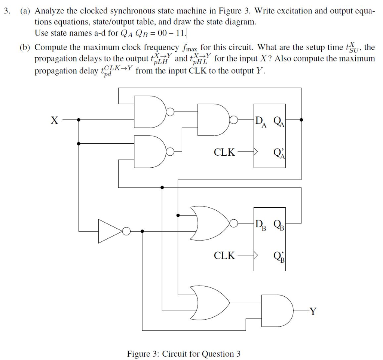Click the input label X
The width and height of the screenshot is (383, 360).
tap(55, 120)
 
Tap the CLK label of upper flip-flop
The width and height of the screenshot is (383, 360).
tap(224, 152)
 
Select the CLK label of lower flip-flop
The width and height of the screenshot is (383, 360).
tap(224, 256)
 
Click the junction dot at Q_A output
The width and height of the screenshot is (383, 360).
tap(301, 120)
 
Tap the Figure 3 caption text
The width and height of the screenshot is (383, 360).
tap(184, 354)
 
